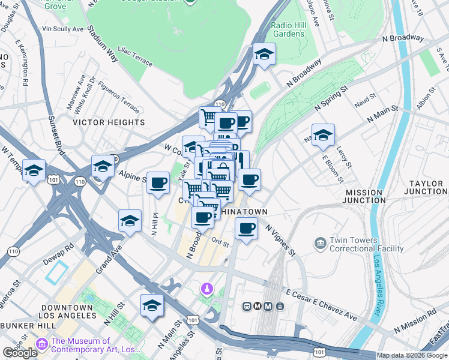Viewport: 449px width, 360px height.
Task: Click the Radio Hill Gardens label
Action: click(288, 29)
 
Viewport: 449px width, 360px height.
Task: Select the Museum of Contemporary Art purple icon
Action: click(41, 344)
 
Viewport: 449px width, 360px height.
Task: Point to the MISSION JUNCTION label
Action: click(365, 196)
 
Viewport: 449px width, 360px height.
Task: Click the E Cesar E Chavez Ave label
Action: click(321, 306)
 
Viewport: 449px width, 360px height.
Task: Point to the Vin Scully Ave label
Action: click(63, 29)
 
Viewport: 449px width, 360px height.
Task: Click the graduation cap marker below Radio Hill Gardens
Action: click(264, 55)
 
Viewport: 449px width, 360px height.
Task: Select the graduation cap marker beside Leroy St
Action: click(323, 135)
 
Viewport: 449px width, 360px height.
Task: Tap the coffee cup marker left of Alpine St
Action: click(158, 182)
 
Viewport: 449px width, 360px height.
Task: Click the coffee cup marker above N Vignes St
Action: click(246, 229)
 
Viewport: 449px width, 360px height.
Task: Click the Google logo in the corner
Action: click(20, 353)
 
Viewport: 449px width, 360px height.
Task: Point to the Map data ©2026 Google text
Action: click(412, 355)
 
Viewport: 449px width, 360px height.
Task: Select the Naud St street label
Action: click(364, 96)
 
